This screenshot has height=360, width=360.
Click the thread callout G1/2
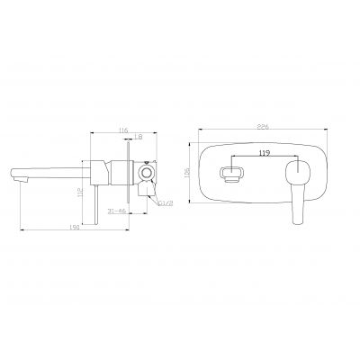pyautogui.click(x=165, y=205)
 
